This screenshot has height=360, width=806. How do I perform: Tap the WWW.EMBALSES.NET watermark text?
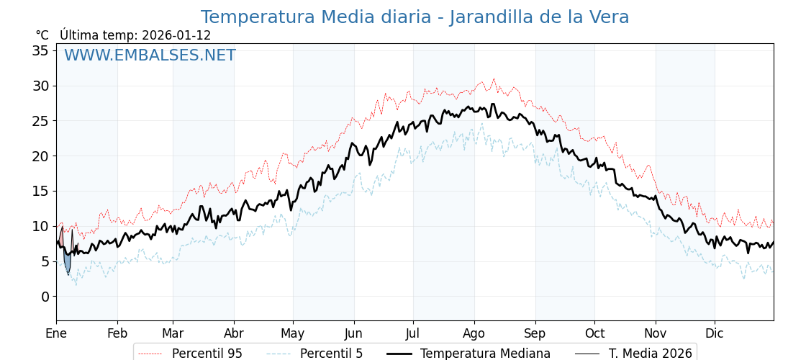150,55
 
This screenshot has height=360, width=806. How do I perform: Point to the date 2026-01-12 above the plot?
176,35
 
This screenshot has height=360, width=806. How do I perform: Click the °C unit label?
42,35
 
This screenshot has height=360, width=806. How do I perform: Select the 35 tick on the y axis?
40,50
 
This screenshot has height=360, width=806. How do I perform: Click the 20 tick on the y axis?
40,156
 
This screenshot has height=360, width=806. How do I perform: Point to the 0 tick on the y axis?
45,297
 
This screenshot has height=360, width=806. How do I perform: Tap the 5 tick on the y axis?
45,261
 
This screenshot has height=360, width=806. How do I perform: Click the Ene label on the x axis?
56,333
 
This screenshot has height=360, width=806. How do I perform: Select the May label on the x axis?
293,333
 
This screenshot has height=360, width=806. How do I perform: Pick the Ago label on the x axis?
474,333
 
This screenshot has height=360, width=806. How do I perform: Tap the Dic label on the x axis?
715,333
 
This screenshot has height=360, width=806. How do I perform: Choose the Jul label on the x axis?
413,333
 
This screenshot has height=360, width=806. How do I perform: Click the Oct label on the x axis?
594,333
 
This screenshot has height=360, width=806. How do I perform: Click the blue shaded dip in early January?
67,261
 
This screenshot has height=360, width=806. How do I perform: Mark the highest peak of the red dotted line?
494,78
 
